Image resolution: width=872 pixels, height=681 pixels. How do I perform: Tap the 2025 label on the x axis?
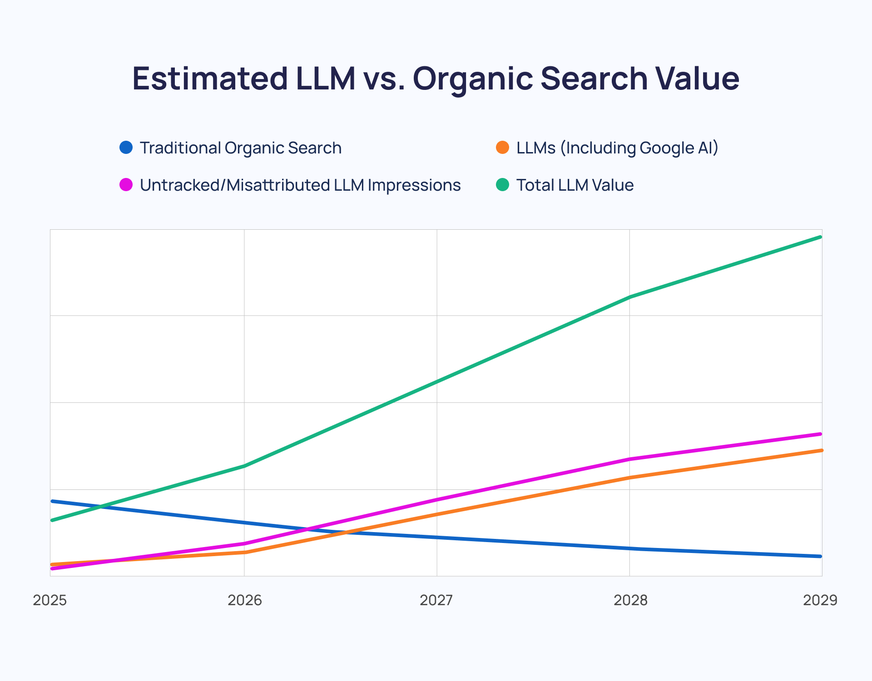(x=50, y=600)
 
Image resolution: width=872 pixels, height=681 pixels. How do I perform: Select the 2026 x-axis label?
(x=245, y=600)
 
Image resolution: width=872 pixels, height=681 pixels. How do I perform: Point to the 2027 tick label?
(x=436, y=600)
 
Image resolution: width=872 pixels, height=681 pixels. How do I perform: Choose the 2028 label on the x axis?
(x=630, y=600)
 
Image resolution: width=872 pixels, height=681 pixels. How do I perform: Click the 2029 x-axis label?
(x=820, y=600)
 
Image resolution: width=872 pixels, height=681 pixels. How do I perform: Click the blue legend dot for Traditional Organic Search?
(x=126, y=148)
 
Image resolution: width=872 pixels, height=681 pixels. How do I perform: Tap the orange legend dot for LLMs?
(x=502, y=148)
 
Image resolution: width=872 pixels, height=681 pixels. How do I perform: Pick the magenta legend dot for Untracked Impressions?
(x=126, y=185)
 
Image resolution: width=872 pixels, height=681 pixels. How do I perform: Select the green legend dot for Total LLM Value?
(x=502, y=185)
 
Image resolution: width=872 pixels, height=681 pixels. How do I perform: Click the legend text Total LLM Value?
(x=575, y=185)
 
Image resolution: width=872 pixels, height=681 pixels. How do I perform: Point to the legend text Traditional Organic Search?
(x=241, y=148)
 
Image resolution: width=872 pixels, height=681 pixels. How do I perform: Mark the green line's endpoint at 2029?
(x=820, y=237)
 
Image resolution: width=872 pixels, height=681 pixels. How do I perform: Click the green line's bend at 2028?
(x=630, y=297)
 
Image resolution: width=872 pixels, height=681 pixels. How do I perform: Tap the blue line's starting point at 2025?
(x=52, y=501)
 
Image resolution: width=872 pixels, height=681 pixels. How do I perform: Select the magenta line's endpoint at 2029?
(x=820, y=434)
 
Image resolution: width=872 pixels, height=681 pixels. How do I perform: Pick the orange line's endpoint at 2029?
(x=822, y=450)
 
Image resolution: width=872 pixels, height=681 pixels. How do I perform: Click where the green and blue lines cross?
(x=104, y=506)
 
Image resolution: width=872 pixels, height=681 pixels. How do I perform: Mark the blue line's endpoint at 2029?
(x=820, y=556)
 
